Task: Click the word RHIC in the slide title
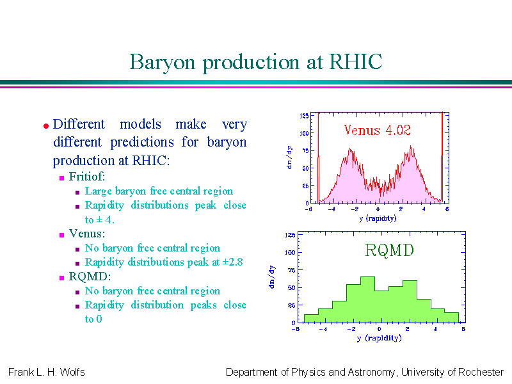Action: pos(355,61)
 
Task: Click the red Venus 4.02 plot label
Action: pos(377,130)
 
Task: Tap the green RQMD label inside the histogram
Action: pos(389,250)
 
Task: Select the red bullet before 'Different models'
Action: pos(46,125)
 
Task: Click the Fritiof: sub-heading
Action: pos(87,177)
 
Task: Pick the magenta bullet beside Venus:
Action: pos(61,235)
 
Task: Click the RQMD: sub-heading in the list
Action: pos(90,276)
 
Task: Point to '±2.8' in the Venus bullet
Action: pos(232,262)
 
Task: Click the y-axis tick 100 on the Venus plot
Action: pos(304,133)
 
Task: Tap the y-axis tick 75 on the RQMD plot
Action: pos(291,270)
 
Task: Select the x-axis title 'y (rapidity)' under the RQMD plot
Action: pos(379,338)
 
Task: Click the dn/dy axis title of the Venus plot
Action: pos(289,157)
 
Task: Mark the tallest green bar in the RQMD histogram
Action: pos(367,300)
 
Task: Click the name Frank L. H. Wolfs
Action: pos(46,372)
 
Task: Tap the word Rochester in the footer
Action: pos(481,372)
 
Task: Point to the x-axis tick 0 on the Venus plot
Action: pos(378,209)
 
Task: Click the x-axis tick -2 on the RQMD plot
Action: pos(351,329)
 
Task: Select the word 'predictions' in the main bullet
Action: pos(142,142)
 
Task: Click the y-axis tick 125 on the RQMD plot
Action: pos(290,235)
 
